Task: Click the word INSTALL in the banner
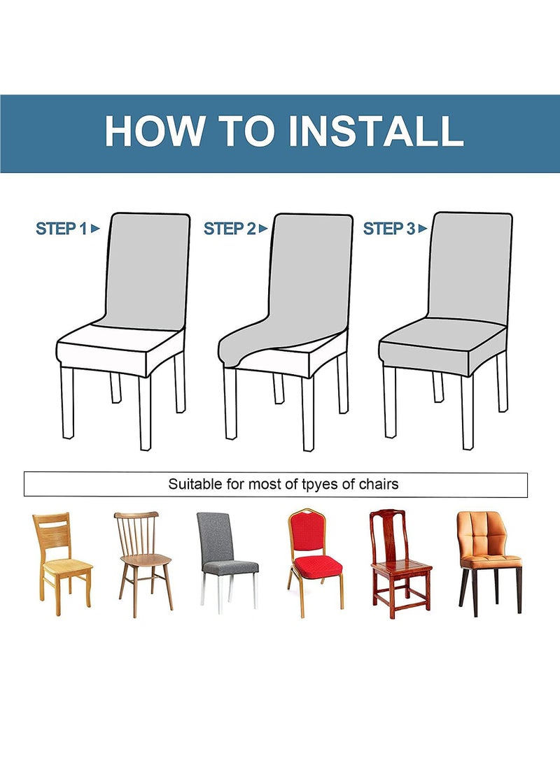point(375,130)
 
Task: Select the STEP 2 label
point(230,228)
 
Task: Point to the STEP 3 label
point(389,228)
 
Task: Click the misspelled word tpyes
point(320,485)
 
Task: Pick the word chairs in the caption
point(379,484)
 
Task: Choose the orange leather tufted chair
point(489,563)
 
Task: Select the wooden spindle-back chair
point(143,564)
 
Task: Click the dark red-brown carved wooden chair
point(400,564)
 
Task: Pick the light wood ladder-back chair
point(62,563)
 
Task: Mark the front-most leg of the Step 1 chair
point(145,413)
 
